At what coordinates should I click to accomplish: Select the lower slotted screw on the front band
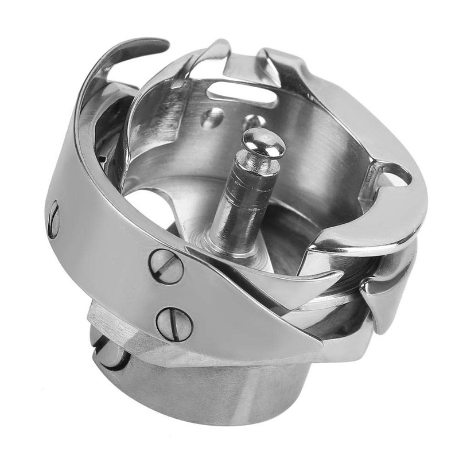tap(174, 324)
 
